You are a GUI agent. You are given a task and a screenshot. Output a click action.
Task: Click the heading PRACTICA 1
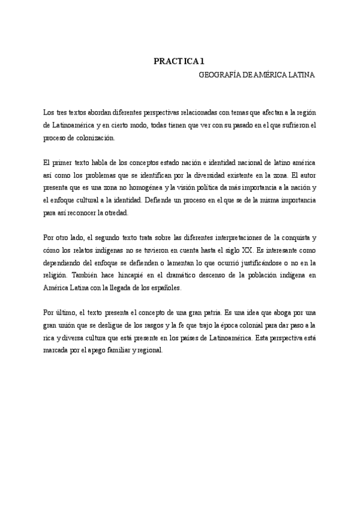[179, 61]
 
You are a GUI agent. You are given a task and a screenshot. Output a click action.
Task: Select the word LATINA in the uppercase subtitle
[301, 76]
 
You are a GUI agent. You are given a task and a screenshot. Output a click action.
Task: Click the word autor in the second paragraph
[306, 175]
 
